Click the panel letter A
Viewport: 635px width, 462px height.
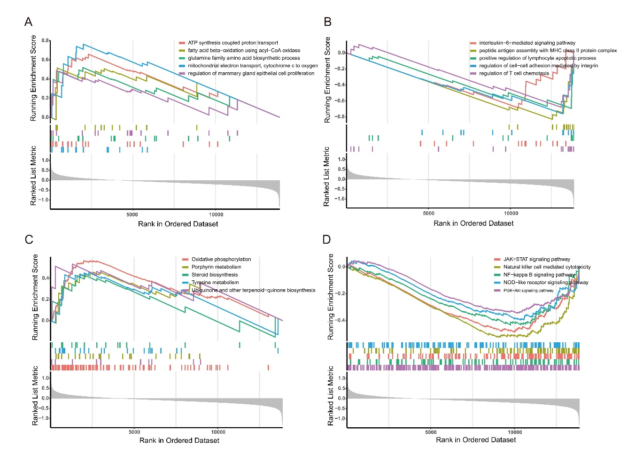pyautogui.click(x=29, y=22)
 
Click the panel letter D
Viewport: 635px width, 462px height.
pyautogui.click(x=327, y=239)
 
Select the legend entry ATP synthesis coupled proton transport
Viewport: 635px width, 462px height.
pyautogui.click(x=233, y=43)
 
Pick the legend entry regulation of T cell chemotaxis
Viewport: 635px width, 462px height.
pyautogui.click(x=514, y=73)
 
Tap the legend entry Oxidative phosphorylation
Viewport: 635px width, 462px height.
pyautogui.click(x=221, y=259)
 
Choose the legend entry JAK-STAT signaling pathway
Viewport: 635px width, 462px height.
pyautogui.click(x=536, y=259)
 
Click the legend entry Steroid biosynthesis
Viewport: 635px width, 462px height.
pyautogui.click(x=215, y=275)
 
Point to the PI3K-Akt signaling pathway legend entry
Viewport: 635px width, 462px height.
pyautogui.click(x=528, y=291)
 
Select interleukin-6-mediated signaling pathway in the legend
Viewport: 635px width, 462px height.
pyautogui.click(x=527, y=43)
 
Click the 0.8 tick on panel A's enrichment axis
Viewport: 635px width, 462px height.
pyautogui.click(x=45, y=40)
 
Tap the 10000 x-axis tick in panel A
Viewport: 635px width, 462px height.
pyautogui.click(x=216, y=215)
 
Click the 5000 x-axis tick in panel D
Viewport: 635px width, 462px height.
pyautogui.click(x=431, y=432)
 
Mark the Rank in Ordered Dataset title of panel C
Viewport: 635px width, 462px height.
pyautogui.click(x=179, y=440)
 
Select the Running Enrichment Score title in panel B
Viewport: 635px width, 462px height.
pyautogui.click(x=327, y=80)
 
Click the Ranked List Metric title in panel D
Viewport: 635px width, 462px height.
pyautogui.click(x=330, y=396)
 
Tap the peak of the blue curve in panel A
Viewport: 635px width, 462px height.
pyautogui.click(x=84, y=45)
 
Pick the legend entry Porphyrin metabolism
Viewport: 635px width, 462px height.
pyautogui.click(x=216, y=267)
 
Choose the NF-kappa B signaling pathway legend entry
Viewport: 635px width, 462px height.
pyautogui.click(x=539, y=275)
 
